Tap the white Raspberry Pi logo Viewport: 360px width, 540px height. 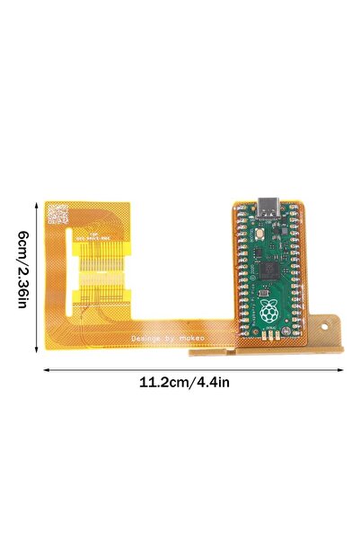click(x=270, y=310)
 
